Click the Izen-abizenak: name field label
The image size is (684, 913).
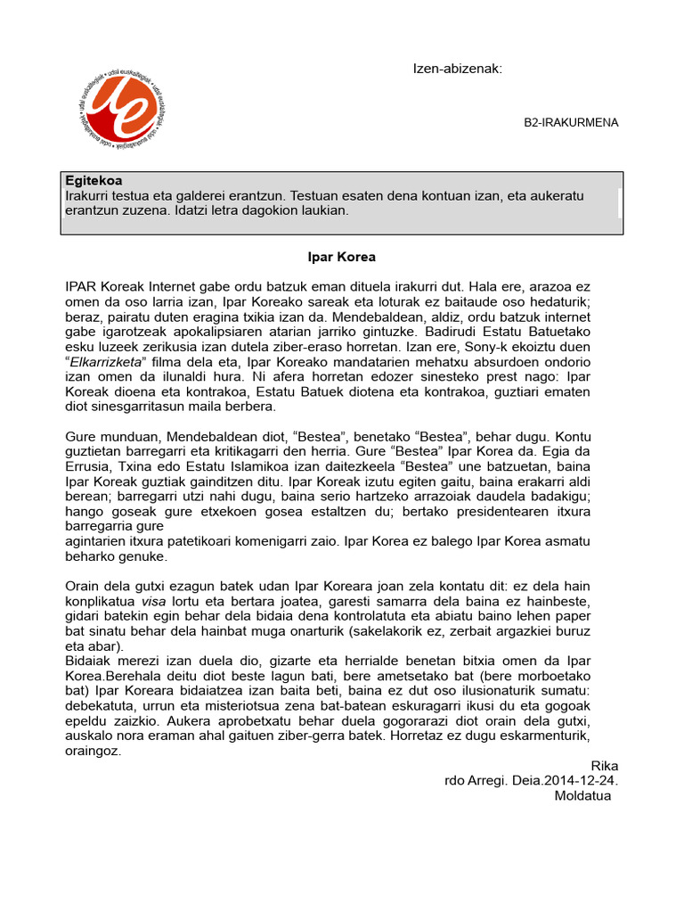(458, 70)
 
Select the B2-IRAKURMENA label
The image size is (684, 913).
(571, 123)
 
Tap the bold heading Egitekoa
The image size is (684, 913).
(94, 180)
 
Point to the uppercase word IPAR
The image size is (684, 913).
(82, 287)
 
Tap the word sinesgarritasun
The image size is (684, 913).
(145, 407)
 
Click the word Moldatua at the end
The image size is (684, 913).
(582, 795)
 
